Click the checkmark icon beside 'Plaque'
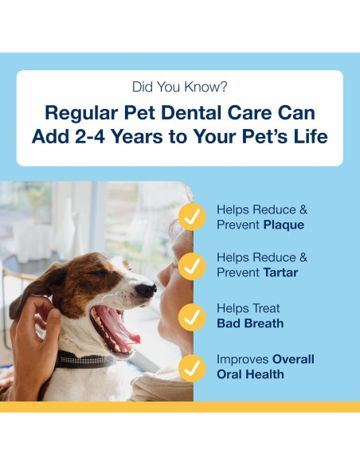(191, 217)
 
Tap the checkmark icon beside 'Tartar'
(191, 265)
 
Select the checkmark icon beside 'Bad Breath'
(191, 316)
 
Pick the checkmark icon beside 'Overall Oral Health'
(191, 367)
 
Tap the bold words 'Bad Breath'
(250, 323)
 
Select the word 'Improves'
(242, 359)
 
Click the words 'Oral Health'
(250, 374)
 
